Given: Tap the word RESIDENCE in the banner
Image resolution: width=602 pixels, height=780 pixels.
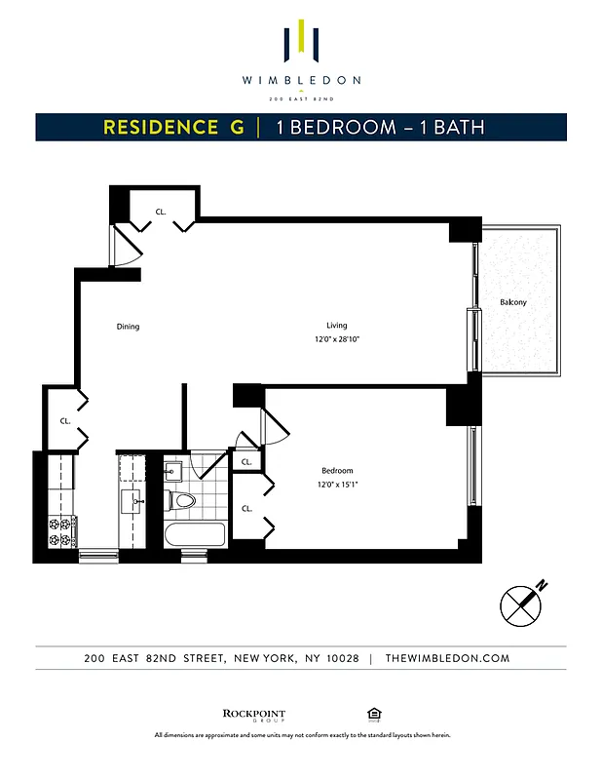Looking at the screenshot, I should point(161,128).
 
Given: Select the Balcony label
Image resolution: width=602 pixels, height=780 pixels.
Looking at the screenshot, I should point(513,302).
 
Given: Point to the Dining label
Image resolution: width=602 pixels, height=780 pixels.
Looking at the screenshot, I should point(128,327).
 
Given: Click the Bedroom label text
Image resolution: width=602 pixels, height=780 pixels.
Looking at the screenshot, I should point(338,470).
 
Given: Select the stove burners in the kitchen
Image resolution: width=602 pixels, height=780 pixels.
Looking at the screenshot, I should point(61,531).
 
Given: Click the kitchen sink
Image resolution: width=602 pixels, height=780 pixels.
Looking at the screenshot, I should point(132,502).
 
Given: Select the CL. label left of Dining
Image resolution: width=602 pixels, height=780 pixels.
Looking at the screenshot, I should point(65,421).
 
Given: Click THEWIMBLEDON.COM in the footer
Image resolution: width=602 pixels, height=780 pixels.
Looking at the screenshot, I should point(447,659).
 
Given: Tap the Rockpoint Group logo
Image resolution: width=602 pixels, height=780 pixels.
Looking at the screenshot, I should point(254,715).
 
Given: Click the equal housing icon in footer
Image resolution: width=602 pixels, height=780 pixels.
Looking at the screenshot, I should point(373,713).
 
